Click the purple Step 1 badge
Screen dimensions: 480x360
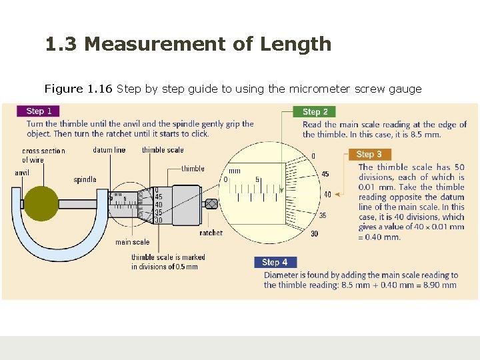(x=38, y=111)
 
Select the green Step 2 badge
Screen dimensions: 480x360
(x=315, y=112)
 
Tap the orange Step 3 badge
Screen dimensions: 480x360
(x=370, y=154)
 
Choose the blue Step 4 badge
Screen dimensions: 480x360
(x=275, y=263)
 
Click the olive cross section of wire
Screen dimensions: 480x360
(x=41, y=203)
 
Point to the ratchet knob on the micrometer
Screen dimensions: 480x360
(x=211, y=204)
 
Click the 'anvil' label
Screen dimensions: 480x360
(x=22, y=173)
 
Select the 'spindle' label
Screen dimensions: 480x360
(x=85, y=180)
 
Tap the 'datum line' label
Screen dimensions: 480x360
(x=109, y=150)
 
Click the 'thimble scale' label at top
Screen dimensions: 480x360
(x=163, y=150)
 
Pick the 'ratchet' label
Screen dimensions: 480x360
(x=211, y=233)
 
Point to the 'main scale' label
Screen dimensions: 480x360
(x=133, y=242)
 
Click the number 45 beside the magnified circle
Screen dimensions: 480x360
(x=325, y=174)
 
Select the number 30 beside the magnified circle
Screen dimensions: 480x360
(x=315, y=234)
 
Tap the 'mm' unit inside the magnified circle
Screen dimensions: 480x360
(x=235, y=171)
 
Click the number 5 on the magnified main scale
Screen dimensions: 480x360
(x=257, y=179)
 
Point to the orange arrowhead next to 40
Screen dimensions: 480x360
(x=337, y=195)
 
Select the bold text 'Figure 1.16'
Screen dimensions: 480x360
(x=79, y=89)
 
